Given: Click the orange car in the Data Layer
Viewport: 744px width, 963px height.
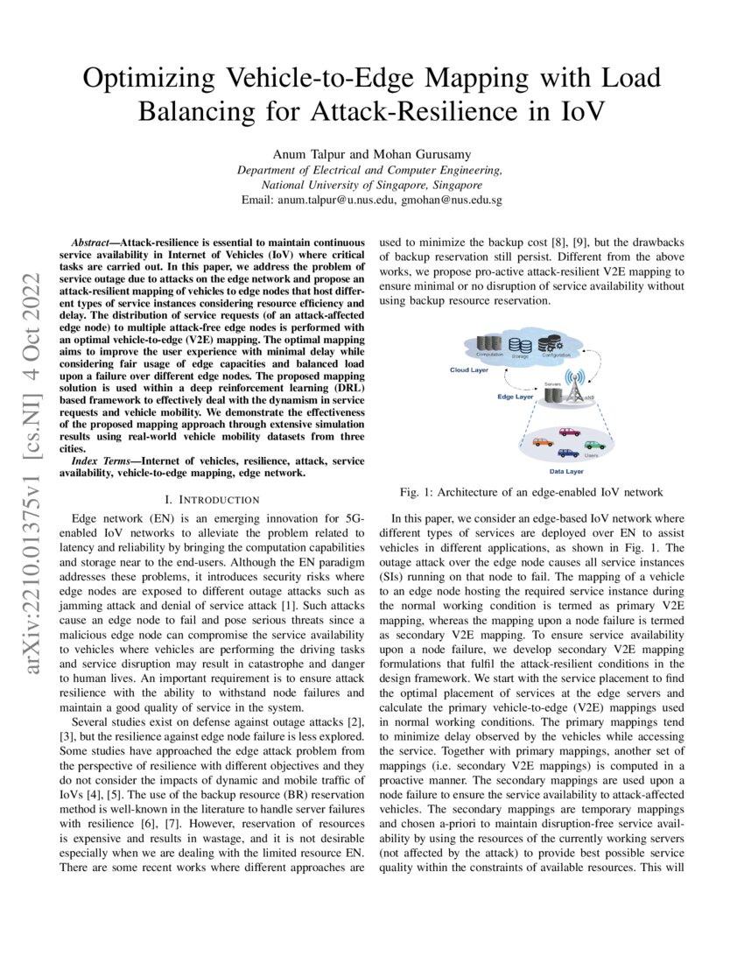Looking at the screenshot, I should (x=542, y=441).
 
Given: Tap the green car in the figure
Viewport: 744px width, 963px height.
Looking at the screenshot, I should (x=594, y=444).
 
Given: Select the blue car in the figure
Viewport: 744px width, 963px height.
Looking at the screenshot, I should (x=567, y=453).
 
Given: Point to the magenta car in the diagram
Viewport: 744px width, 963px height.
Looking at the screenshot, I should (x=569, y=432).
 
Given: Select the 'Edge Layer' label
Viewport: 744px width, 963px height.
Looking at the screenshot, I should (x=516, y=396).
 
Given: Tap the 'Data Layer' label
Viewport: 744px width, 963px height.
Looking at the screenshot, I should (x=566, y=471).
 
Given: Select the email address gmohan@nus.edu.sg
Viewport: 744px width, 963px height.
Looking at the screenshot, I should (x=451, y=200).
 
